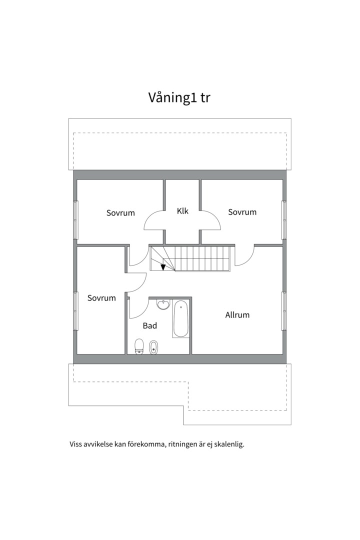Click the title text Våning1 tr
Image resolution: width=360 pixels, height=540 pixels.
[179, 97]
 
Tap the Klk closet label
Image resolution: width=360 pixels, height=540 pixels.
[182, 211]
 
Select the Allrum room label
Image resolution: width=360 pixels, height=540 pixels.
[237, 315]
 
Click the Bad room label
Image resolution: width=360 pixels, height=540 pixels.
[150, 325]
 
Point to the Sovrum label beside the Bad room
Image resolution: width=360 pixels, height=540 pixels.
[101, 298]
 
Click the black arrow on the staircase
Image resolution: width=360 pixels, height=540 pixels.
[163, 266]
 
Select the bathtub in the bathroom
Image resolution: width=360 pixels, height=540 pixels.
[180, 318]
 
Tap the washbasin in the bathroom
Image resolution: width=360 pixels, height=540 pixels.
[162, 304]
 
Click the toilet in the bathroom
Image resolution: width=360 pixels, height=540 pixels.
[139, 345]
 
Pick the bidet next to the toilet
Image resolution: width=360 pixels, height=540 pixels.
[154, 346]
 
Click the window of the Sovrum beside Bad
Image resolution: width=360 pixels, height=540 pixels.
[76, 310]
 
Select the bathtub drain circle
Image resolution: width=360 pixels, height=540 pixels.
[180, 306]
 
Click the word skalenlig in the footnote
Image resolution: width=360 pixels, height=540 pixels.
[228, 444]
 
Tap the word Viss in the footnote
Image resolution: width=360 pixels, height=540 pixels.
[76, 444]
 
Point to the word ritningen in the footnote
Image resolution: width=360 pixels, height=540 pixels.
[183, 444]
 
